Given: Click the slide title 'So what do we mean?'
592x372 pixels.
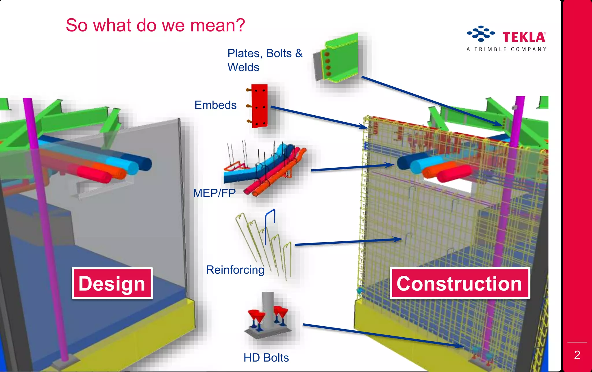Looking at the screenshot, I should pyautogui.click(x=155, y=25).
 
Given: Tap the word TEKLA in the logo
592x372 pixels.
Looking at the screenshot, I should pyautogui.click(x=524, y=37).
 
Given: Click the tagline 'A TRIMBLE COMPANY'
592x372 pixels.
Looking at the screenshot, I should pyautogui.click(x=506, y=49).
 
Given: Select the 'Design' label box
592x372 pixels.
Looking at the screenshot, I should pyautogui.click(x=112, y=283).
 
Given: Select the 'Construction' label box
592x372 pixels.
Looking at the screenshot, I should pyautogui.click(x=460, y=283).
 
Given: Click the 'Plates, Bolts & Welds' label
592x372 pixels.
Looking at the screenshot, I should pyautogui.click(x=264, y=60).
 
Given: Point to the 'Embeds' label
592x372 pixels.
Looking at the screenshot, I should pyautogui.click(x=215, y=105).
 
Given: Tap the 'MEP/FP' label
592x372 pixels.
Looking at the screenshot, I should pyautogui.click(x=214, y=193).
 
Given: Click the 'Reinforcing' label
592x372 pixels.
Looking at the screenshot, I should pyautogui.click(x=235, y=270).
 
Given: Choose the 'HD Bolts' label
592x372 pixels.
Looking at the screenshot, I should pyautogui.click(x=266, y=358).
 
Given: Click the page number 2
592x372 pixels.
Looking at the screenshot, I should pyautogui.click(x=577, y=355).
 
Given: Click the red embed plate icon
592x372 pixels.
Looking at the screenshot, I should pyautogui.click(x=259, y=106).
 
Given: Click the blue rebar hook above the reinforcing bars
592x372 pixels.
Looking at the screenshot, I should pyautogui.click(x=270, y=223).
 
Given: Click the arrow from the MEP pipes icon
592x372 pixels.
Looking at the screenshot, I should pyautogui.click(x=353, y=167).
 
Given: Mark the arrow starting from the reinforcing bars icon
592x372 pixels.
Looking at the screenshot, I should pyautogui.click(x=347, y=242).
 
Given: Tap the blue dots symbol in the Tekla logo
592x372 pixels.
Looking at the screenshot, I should pyautogui.click(x=480, y=34).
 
